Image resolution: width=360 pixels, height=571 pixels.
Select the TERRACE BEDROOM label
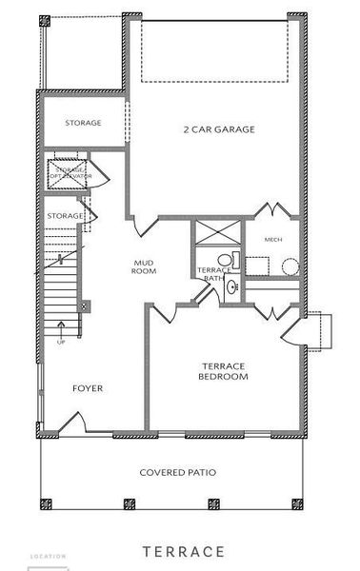tap(224, 371)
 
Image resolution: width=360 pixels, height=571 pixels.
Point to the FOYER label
tap(88, 388)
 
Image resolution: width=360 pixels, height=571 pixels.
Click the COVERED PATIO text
tap(177, 472)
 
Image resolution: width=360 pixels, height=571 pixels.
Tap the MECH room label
tap(273, 239)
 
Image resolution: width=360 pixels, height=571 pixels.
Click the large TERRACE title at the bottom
tap(184, 551)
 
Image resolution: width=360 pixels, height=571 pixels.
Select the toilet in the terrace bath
tap(226, 258)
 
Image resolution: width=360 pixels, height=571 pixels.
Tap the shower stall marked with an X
tap(217, 233)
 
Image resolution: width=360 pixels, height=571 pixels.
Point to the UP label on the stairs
tap(62, 341)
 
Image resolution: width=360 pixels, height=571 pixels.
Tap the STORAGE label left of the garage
tap(83, 124)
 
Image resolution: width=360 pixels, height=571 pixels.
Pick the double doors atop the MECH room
tap(271, 211)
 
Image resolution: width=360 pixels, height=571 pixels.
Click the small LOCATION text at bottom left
tap(49, 556)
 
